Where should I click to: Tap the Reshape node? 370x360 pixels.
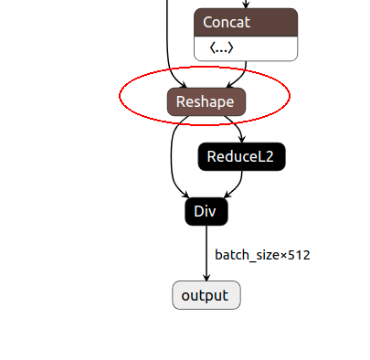(x=206, y=101)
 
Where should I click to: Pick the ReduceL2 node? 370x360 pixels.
(x=241, y=156)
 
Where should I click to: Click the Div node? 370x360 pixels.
(x=206, y=211)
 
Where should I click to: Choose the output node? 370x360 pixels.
(x=206, y=295)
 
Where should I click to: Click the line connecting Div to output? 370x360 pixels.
(x=206, y=251)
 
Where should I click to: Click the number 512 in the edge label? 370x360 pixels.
(x=299, y=255)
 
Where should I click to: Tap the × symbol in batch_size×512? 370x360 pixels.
(x=282, y=255)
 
